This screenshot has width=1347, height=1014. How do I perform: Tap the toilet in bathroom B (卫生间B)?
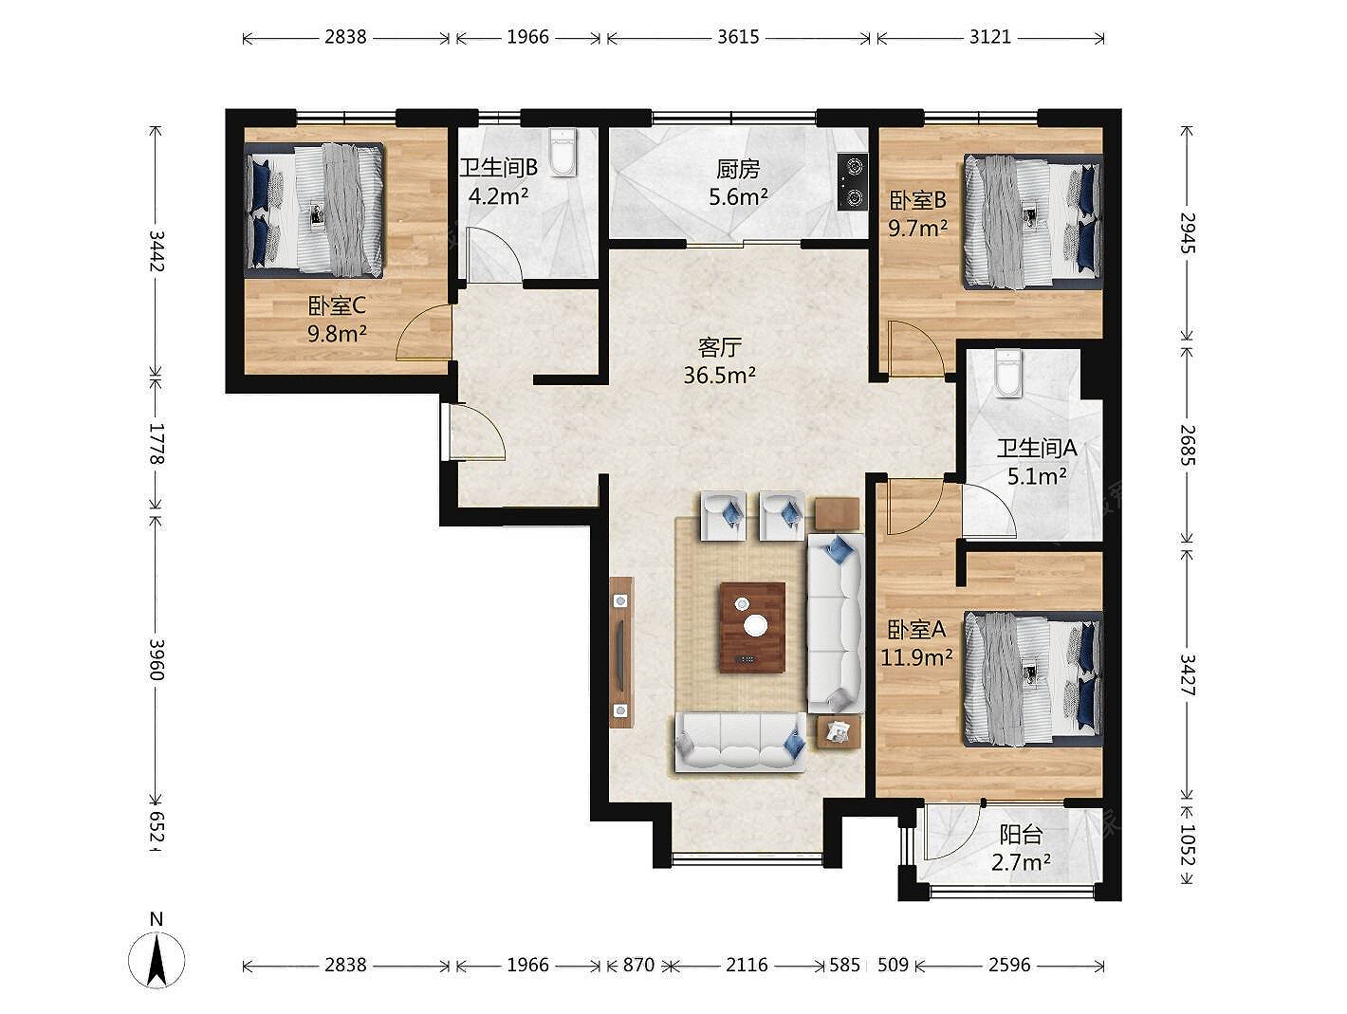click(563, 152)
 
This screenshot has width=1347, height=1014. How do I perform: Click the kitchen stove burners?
click(853, 181)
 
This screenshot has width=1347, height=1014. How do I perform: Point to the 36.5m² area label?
click(719, 375)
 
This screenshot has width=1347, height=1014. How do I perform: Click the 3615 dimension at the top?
click(738, 37)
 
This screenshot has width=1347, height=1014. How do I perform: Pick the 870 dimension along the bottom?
click(638, 965)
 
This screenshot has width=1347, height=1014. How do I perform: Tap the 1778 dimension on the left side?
click(157, 443)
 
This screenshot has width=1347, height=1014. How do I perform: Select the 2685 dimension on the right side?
click(1188, 445)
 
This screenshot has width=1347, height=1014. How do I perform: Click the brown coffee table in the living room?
click(752, 628)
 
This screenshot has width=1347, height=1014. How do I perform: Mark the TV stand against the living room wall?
click(621, 652)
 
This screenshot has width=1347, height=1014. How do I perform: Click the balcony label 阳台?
click(1021, 835)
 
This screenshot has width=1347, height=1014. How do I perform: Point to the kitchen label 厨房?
click(738, 169)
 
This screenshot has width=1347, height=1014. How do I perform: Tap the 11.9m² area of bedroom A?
click(917, 657)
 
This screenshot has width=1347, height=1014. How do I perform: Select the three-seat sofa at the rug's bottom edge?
click(740, 742)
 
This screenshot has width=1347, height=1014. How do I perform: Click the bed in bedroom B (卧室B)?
click(1033, 221)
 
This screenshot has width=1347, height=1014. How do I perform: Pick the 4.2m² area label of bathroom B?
click(498, 196)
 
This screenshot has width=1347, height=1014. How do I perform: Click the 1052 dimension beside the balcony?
click(1188, 844)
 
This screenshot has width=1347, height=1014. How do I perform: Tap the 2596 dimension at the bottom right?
click(1009, 965)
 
